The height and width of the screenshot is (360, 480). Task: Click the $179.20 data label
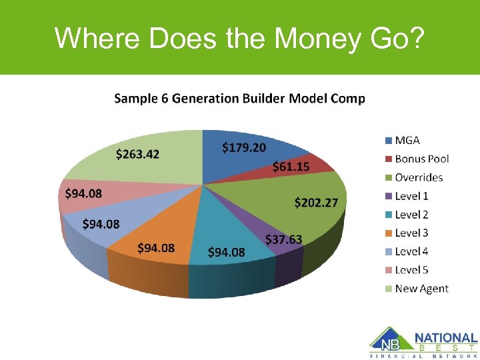(x=243, y=146)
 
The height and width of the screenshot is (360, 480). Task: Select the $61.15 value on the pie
(x=291, y=166)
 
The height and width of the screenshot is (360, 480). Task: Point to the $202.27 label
(x=316, y=202)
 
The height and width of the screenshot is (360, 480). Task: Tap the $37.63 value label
(x=283, y=239)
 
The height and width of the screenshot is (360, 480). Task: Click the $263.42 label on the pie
(x=138, y=154)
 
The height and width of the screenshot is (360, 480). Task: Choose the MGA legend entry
(x=407, y=140)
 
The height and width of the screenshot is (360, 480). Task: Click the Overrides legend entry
(x=418, y=177)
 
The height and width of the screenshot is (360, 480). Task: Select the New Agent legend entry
(x=421, y=289)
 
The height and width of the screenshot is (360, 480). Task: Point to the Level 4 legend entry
(x=411, y=251)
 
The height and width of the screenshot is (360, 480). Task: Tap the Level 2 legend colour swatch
(x=388, y=215)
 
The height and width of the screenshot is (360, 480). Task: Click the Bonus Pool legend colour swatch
(x=388, y=159)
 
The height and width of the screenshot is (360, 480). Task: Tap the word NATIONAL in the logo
(x=446, y=338)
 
